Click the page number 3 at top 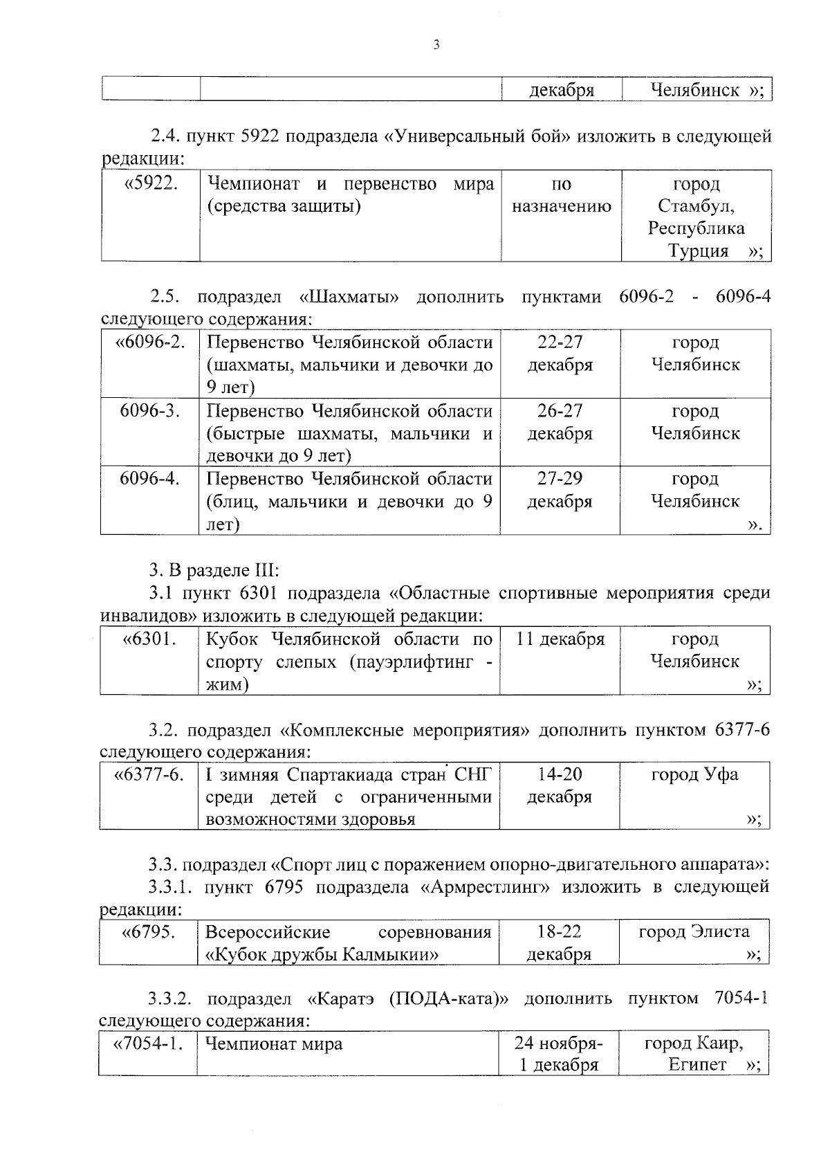pos(436,46)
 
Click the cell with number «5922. pos(150,185)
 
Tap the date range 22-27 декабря pos(560,354)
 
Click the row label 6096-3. pos(150,411)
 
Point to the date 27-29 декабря pos(560,490)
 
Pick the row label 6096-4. pos(150,479)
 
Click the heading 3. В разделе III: pos(214,571)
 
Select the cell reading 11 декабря pos(560,639)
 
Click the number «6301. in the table pos(149,639)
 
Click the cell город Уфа pos(694,775)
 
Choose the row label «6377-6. pos(149,775)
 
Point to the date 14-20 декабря pos(560,785)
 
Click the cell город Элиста pos(694,932)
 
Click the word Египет pos(697,1065)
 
